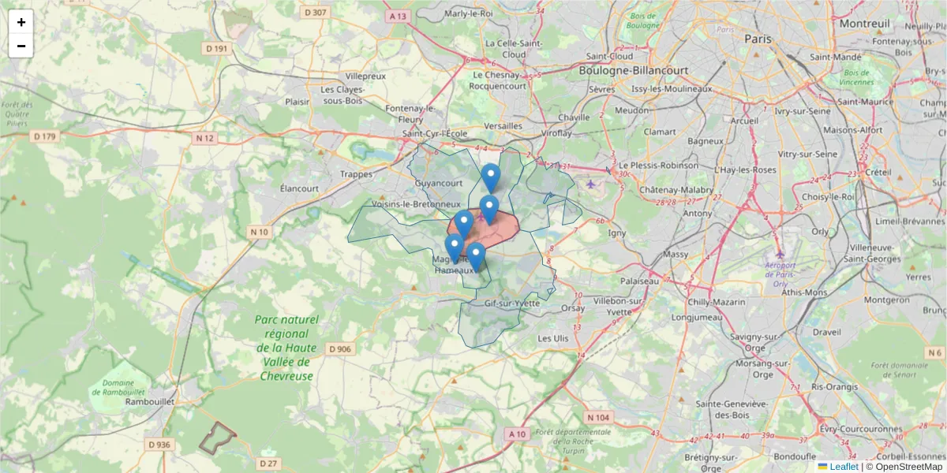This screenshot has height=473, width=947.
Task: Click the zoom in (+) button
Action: tap(21, 22)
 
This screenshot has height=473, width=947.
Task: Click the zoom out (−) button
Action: tap(21, 46)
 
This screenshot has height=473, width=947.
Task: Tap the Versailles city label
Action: tap(503, 125)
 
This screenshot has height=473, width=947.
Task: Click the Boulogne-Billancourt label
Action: tap(633, 70)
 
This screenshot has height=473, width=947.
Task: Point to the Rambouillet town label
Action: tap(150, 401)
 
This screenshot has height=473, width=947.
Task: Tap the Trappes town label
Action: tap(355, 174)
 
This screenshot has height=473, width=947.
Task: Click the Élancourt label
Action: tap(299, 188)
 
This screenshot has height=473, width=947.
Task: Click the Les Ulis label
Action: tap(552, 338)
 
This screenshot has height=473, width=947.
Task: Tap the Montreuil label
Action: tap(864, 24)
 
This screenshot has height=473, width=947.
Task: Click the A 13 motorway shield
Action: tap(398, 16)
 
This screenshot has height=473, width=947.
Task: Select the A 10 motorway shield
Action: tap(518, 434)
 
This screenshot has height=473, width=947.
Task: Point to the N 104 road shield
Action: tap(598, 417)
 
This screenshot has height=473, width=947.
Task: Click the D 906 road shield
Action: tap(339, 349)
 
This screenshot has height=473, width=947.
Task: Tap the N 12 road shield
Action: tap(204, 138)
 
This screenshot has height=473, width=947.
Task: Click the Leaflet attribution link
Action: tap(843, 467)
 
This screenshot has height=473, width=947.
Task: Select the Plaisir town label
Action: tap(298, 101)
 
